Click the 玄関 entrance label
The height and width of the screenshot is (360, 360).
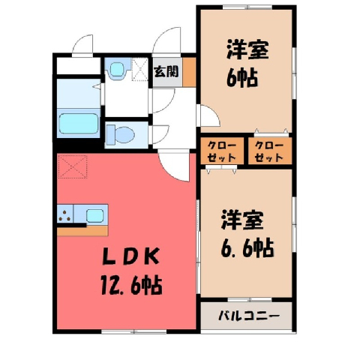tap(166, 72)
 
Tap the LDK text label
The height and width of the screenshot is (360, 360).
tap(131, 257)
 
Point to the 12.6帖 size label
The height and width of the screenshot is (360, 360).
tap(132, 285)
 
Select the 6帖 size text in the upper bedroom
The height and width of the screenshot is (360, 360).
tap(242, 78)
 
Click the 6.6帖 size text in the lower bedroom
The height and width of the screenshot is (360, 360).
tap(247, 248)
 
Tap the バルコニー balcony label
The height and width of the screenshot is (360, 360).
tap(249, 316)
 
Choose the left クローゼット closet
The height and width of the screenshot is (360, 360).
tap(222, 151)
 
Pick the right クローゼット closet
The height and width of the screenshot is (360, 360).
tap(270, 151)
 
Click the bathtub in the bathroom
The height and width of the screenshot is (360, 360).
tap(79, 124)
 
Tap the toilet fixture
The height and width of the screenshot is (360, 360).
tap(121, 135)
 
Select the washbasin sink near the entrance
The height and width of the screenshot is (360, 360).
tap(117, 68)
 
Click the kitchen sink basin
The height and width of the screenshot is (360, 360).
tap(94, 215)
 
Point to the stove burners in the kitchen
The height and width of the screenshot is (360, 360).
tap(64, 215)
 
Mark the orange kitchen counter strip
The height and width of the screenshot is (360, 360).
tap(82, 231)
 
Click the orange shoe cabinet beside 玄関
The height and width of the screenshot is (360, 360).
tap(189, 72)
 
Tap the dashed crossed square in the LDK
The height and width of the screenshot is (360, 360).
tap(73, 166)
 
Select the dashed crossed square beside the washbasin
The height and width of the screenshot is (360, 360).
tap(140, 70)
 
